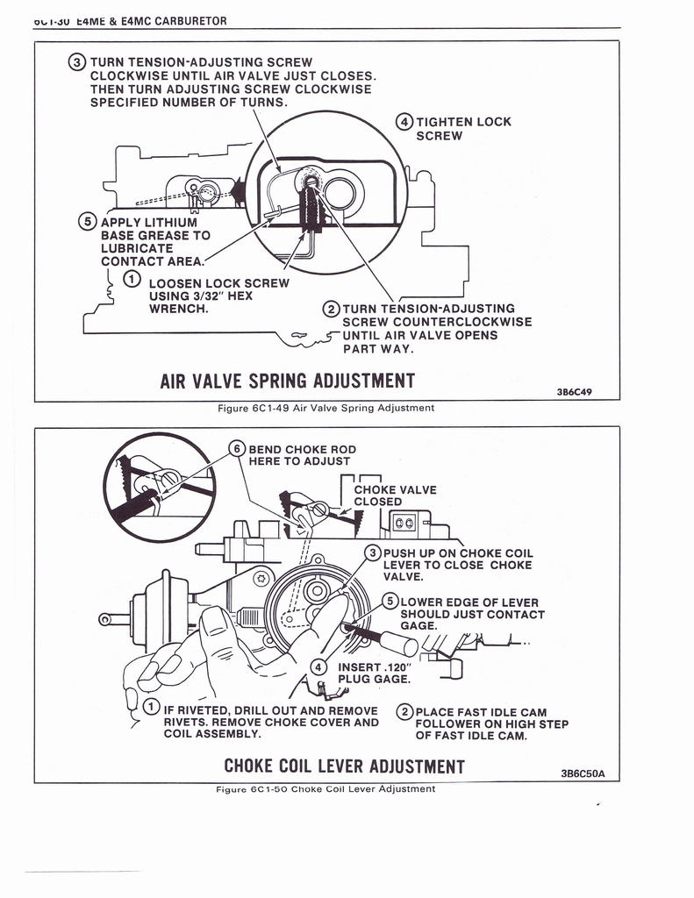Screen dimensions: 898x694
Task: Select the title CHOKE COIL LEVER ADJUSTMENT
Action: click(x=344, y=767)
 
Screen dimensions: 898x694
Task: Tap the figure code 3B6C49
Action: click(x=575, y=392)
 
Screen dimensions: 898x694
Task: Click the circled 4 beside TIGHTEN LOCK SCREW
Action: click(x=405, y=122)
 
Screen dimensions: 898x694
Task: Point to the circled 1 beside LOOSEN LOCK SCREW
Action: click(x=131, y=280)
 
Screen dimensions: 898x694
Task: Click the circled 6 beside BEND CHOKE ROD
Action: click(x=238, y=448)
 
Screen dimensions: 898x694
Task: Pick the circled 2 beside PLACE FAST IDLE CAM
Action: click(x=404, y=712)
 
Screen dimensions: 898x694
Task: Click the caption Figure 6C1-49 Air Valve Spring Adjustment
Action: click(x=325, y=408)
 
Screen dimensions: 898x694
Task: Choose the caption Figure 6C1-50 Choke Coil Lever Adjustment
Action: click(x=325, y=789)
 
